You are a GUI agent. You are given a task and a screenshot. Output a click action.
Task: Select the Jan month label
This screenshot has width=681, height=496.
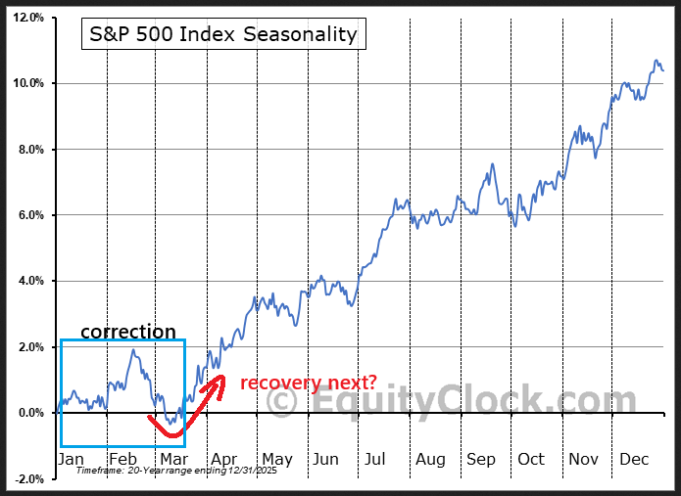pyautogui.click(x=72, y=459)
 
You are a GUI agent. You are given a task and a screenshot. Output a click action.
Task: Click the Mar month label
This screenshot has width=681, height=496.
pyautogui.click(x=173, y=459)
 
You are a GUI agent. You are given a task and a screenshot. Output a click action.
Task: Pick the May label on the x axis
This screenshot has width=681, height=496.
pyautogui.click(x=277, y=459)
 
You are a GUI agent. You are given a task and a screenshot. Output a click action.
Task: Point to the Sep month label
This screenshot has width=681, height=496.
pyautogui.click(x=481, y=459)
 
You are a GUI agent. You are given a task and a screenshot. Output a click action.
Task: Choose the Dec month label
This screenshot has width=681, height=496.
pyautogui.click(x=635, y=459)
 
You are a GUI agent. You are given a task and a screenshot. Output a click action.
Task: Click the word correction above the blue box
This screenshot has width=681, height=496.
pyautogui.click(x=128, y=332)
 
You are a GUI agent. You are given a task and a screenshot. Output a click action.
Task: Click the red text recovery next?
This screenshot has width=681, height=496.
pyautogui.click(x=308, y=383)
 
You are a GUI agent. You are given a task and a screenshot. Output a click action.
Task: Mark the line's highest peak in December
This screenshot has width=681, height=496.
pyautogui.click(x=656, y=61)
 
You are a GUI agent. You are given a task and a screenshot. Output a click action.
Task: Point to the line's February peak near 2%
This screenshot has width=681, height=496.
pyautogui.click(x=133, y=350)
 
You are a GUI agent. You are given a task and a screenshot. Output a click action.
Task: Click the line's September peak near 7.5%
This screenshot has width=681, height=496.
pyautogui.click(x=492, y=164)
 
